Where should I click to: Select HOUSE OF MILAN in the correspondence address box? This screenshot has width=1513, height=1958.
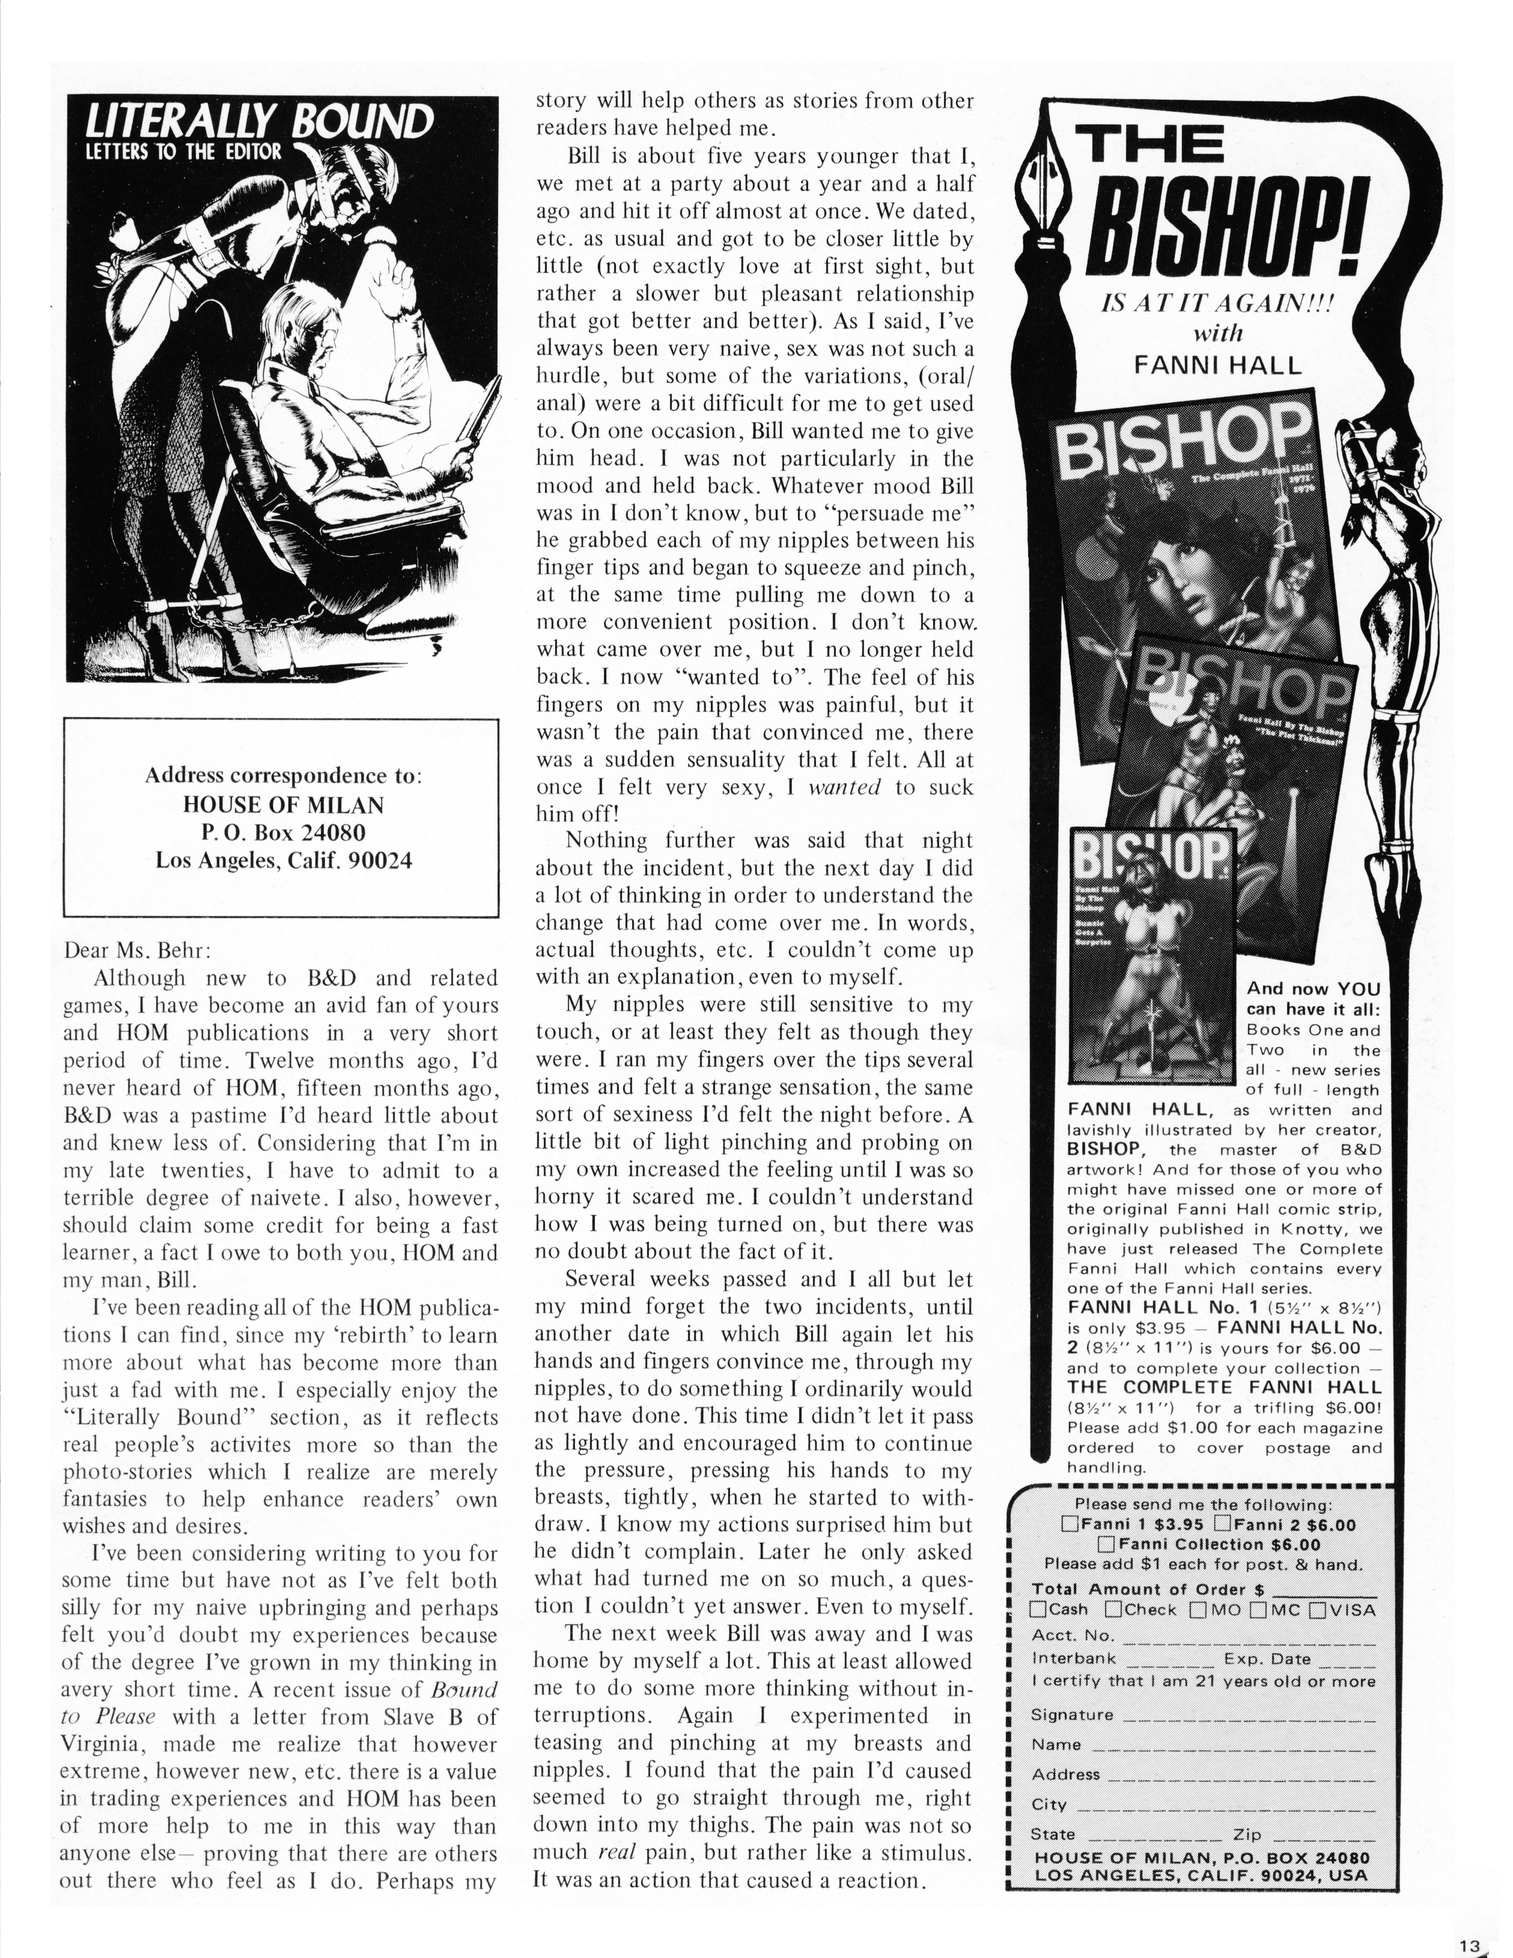(x=282, y=805)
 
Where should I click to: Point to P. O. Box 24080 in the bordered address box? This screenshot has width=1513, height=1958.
(x=282, y=833)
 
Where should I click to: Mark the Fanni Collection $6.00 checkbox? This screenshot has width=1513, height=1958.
(x=1106, y=1544)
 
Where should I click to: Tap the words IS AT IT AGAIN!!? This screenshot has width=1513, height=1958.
(x=1216, y=304)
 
